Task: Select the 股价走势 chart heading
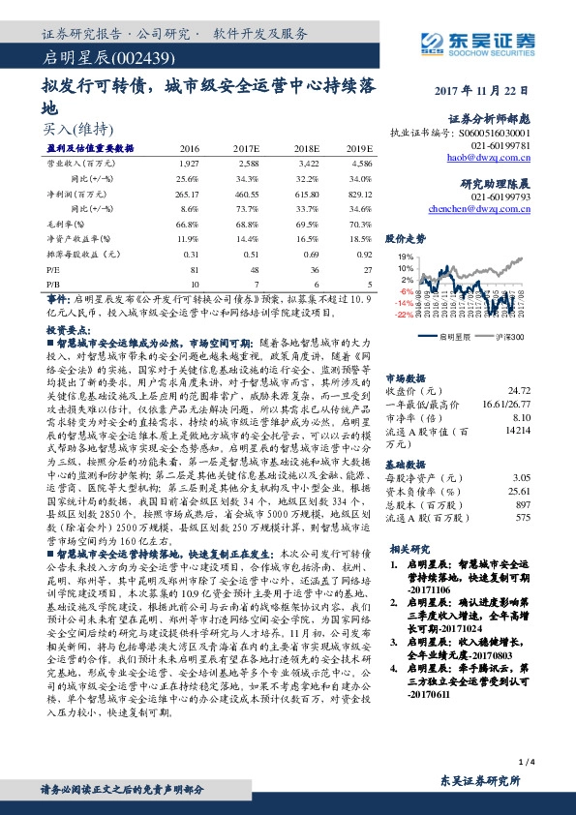point(406,237)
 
